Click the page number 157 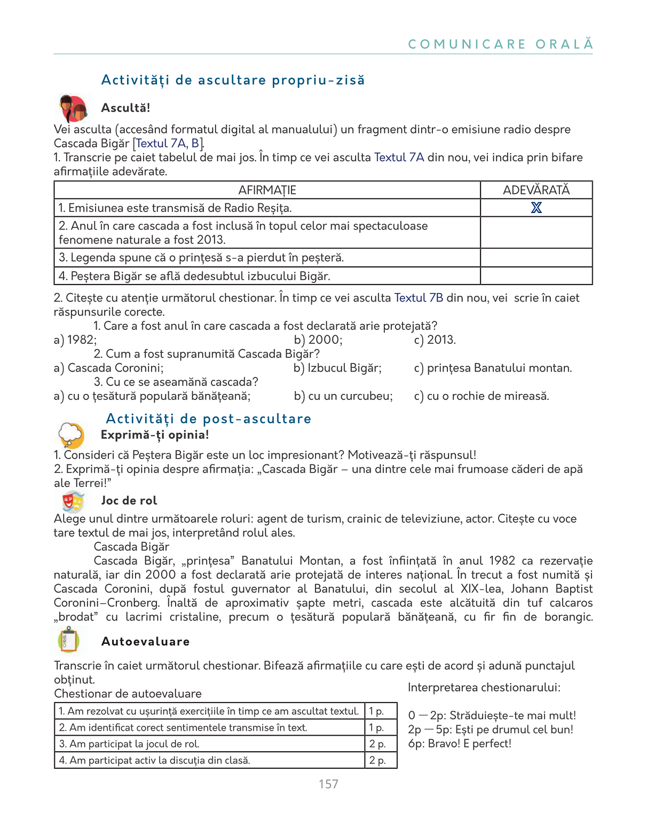(x=328, y=784)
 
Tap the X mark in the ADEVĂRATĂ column (x=536, y=208)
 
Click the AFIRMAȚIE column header (x=267, y=190)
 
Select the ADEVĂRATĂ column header (x=536, y=190)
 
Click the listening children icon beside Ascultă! (x=73, y=109)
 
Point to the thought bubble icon (x=72, y=435)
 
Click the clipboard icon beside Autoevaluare (x=68, y=641)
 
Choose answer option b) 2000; (x=318, y=340)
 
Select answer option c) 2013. (x=435, y=340)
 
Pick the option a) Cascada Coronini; (x=109, y=368)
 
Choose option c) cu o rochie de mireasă (x=481, y=396)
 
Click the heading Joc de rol (x=129, y=501)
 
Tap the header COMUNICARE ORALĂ (x=500, y=44)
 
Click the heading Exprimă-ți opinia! (x=155, y=435)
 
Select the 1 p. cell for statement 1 (x=380, y=711)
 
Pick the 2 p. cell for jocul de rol (x=380, y=744)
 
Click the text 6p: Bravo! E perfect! (x=460, y=744)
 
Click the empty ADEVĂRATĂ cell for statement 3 (x=536, y=258)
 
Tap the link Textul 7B (x=419, y=298)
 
